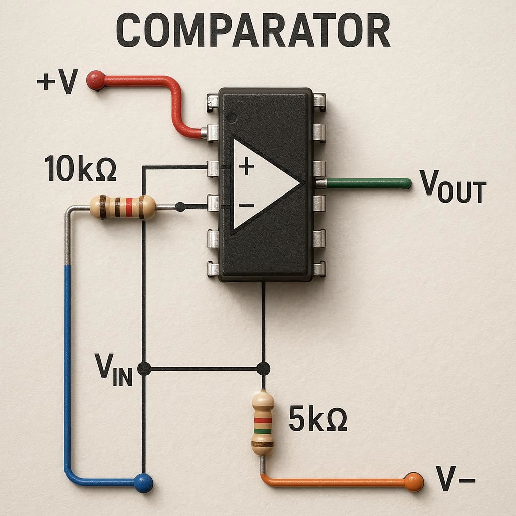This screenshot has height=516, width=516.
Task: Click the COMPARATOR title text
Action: tap(253, 31)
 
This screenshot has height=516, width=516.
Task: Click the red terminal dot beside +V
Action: tap(95, 80)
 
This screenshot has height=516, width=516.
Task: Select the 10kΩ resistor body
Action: tap(123, 207)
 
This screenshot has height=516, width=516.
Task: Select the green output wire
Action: tap(368, 183)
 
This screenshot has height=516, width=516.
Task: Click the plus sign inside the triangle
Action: tap(246, 166)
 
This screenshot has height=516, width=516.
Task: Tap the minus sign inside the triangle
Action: tap(246, 205)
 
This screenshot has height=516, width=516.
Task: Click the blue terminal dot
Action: tap(143, 483)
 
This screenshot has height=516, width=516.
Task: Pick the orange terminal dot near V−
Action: tap(413, 482)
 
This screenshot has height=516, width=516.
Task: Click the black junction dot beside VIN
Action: tap(144, 369)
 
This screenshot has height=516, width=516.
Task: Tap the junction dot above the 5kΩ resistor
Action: tap(263, 369)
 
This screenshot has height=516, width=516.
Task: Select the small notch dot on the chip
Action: tap(231, 118)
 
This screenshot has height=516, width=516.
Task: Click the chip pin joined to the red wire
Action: tap(212, 133)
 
